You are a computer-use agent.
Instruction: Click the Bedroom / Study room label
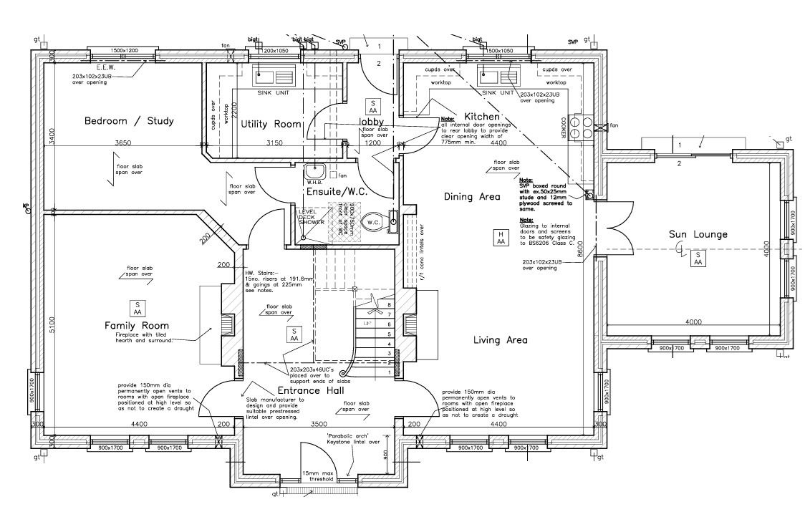click(x=129, y=121)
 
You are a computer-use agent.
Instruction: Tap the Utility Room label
click(x=271, y=124)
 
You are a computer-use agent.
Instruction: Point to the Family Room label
click(x=136, y=326)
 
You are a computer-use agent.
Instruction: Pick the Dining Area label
click(x=472, y=196)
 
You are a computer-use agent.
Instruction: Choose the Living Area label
click(x=500, y=340)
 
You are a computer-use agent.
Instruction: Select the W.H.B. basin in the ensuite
click(x=314, y=172)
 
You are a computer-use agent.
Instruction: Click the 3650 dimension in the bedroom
click(x=122, y=143)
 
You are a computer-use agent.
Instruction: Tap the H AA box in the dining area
click(x=501, y=238)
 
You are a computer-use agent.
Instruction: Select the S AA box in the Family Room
click(x=136, y=308)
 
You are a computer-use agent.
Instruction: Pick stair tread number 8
click(x=389, y=305)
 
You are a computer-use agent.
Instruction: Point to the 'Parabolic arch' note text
click(x=348, y=436)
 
